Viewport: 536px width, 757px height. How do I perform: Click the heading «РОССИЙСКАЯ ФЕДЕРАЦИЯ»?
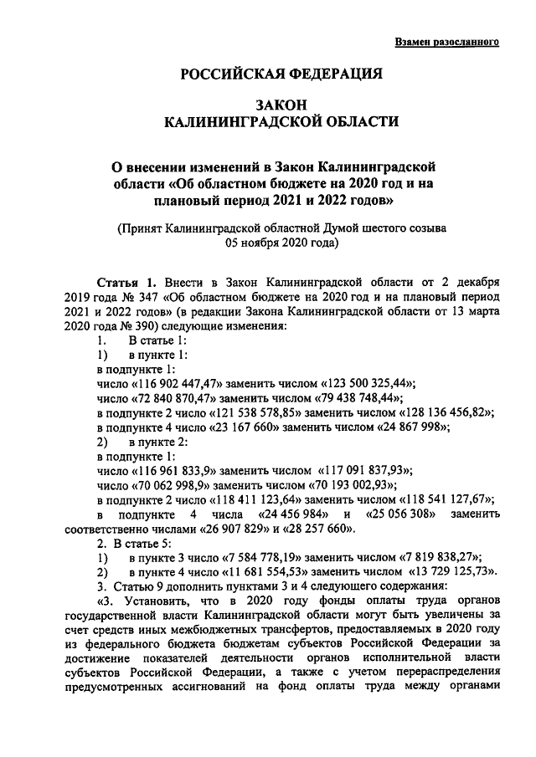coord(281,74)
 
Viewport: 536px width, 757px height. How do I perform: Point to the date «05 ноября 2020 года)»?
coord(281,244)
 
